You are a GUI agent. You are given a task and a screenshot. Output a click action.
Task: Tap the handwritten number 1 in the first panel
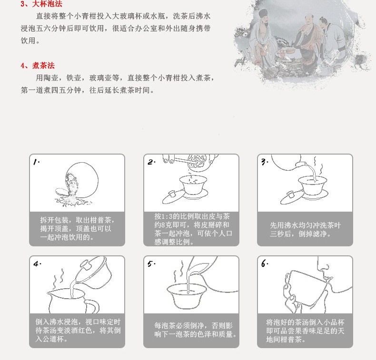[37, 162]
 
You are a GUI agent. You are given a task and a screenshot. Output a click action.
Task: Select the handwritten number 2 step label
[151, 162]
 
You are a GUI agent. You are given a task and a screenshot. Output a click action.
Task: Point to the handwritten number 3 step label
[265, 162]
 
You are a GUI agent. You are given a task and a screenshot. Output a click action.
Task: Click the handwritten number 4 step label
[37, 264]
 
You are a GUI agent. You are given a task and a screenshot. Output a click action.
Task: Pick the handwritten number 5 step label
[151, 264]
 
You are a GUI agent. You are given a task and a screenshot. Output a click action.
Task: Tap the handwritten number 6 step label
[265, 264]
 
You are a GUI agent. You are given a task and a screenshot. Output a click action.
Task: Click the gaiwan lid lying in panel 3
[291, 198]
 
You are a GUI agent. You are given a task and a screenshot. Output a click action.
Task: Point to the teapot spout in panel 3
[300, 164]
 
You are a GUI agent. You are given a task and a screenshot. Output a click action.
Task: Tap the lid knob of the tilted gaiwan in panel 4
[86, 265]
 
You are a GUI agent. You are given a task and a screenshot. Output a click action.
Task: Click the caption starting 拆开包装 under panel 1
[77, 228]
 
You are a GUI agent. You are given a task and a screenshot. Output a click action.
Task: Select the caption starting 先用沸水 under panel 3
[305, 229]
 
